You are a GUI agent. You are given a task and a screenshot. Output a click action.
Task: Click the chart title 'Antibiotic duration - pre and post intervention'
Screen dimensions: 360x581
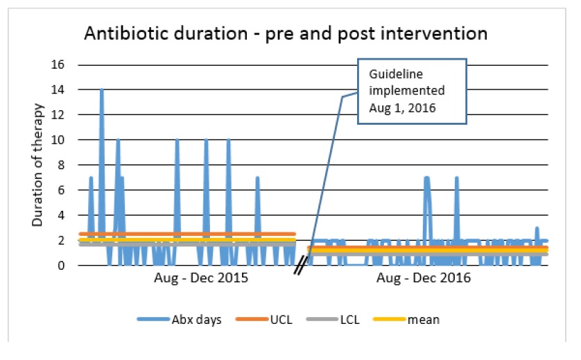(286, 33)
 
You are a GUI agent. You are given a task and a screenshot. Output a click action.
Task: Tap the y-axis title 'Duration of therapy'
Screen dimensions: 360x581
(39, 166)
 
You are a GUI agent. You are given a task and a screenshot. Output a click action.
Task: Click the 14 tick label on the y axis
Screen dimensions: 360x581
(58, 90)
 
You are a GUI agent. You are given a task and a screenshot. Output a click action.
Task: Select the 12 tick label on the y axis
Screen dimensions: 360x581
(58, 115)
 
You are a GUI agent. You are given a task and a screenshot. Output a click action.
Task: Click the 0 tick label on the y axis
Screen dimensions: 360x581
(61, 266)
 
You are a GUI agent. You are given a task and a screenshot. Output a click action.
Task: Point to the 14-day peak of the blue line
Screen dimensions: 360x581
(102, 90)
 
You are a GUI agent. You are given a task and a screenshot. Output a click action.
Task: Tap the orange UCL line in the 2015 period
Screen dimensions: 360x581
(208, 234)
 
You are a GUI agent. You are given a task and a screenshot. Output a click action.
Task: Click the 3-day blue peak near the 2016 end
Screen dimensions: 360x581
(537, 228)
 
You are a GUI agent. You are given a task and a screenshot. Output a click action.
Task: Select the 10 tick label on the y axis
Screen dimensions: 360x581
(58, 140)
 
